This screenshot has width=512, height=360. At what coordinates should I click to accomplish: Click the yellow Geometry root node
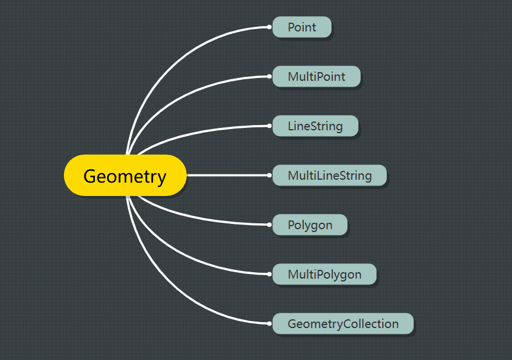pos(125,175)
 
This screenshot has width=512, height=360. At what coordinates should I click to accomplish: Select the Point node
pos(302,27)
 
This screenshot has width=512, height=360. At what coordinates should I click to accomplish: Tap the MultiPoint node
pos(317,76)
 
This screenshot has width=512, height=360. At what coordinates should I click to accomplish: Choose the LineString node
pos(315,126)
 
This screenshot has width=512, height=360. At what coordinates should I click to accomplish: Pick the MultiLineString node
pos(330,175)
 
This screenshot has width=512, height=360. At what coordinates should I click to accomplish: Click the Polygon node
pos(310,225)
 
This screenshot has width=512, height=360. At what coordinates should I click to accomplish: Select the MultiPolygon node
pos(325,274)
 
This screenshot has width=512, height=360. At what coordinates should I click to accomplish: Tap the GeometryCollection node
pos(343,324)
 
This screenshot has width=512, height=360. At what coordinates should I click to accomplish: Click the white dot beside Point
pos(269,27)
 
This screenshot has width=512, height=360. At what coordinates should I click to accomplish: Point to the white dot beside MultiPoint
pos(269,76)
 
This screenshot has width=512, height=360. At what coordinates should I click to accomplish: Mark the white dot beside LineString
pos(269,126)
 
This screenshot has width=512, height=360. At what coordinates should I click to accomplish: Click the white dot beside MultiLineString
pos(269,175)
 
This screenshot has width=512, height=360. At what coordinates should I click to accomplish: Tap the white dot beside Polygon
pos(269,225)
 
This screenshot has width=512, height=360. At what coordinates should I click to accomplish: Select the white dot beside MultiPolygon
pos(269,274)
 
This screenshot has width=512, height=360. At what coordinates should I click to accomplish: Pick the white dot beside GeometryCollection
pos(269,324)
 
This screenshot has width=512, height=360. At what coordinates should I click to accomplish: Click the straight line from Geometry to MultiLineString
pos(227,175)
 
